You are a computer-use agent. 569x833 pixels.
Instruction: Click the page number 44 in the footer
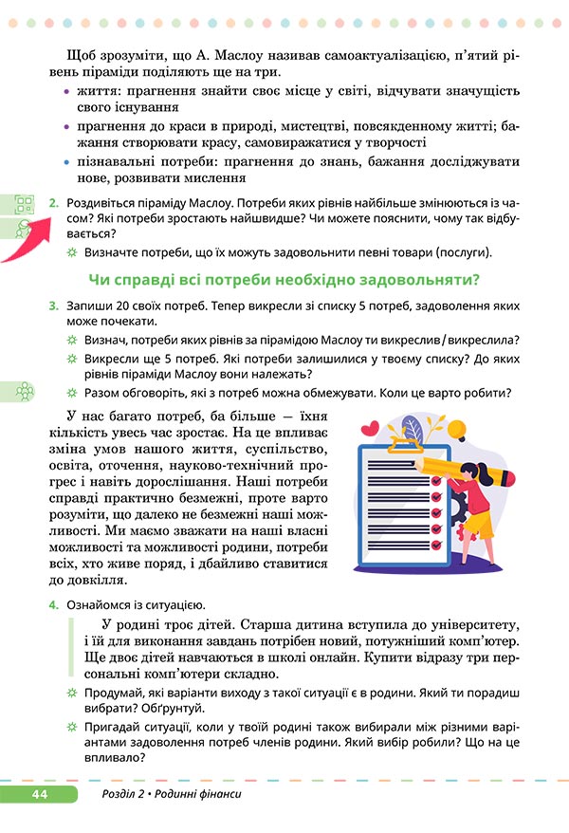(39, 793)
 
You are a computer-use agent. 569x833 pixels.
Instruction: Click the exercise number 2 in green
(54, 203)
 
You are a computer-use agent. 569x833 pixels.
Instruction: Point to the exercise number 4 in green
(54, 604)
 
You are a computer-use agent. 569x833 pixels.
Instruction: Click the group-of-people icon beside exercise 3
(25, 391)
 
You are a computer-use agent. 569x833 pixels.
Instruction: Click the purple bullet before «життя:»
(66, 91)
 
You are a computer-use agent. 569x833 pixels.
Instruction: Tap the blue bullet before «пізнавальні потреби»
(66, 162)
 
